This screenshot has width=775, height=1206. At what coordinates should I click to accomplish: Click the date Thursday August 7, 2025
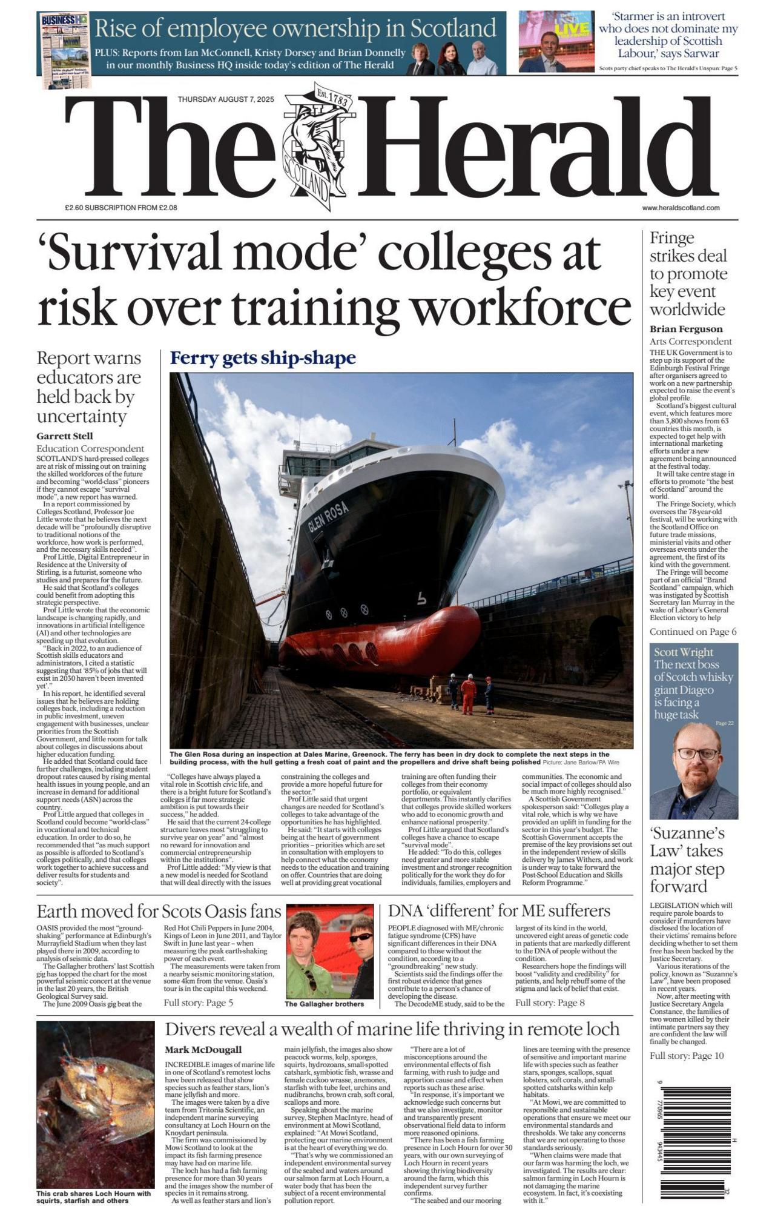[226, 99]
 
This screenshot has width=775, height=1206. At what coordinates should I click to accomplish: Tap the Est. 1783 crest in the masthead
[316, 146]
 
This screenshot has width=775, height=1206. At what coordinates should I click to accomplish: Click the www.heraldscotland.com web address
[681, 208]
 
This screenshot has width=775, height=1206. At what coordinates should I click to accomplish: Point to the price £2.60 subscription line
[121, 208]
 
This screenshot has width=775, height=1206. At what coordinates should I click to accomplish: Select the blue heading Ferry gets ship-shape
[263, 359]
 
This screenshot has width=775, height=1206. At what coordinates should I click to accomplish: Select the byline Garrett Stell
[65, 436]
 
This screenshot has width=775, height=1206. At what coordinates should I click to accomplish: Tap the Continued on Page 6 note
[693, 632]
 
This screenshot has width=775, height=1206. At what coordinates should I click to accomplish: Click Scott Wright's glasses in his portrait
[697, 754]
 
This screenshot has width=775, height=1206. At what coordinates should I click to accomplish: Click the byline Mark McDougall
[203, 1050]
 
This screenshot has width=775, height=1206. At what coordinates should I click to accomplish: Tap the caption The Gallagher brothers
[324, 1004]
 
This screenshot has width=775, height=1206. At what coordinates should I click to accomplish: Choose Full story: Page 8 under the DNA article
[550, 1002]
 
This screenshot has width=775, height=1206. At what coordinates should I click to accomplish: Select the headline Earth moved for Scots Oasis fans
[159, 911]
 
